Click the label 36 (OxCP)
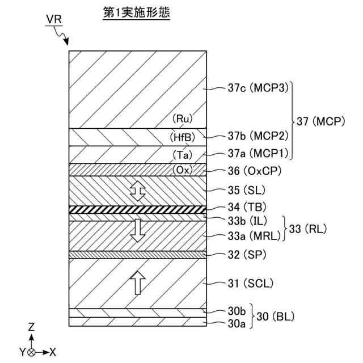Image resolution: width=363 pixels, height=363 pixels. coord(255,170)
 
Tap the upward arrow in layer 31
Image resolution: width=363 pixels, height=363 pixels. coord(137,282)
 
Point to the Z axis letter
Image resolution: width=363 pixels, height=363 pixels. coord(32,327)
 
